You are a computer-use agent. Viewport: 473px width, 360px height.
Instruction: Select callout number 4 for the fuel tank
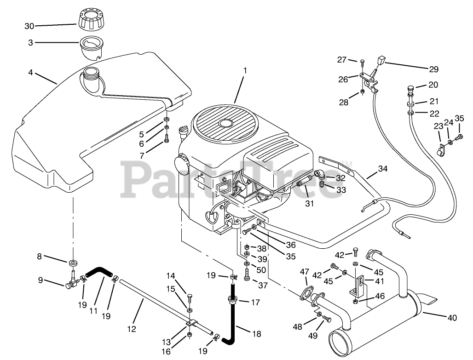click(x=30, y=72)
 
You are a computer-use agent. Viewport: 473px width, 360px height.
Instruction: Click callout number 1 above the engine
click(x=245, y=71)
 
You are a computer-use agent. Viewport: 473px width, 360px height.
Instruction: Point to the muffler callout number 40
click(x=453, y=317)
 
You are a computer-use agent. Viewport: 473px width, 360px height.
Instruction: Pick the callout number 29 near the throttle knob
click(x=434, y=69)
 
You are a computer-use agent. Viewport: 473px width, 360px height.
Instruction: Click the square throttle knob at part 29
click(x=381, y=59)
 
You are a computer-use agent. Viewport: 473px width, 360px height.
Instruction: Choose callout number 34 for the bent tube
click(x=383, y=169)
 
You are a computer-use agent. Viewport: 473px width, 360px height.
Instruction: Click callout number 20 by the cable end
click(x=434, y=85)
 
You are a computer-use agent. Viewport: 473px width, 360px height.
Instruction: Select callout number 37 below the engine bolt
click(x=263, y=286)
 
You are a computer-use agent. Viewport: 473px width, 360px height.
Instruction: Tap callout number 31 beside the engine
click(x=309, y=202)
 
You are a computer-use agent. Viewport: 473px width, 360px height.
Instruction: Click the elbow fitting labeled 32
click(x=320, y=174)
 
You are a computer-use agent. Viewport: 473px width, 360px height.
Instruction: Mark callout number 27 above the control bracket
click(x=341, y=60)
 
